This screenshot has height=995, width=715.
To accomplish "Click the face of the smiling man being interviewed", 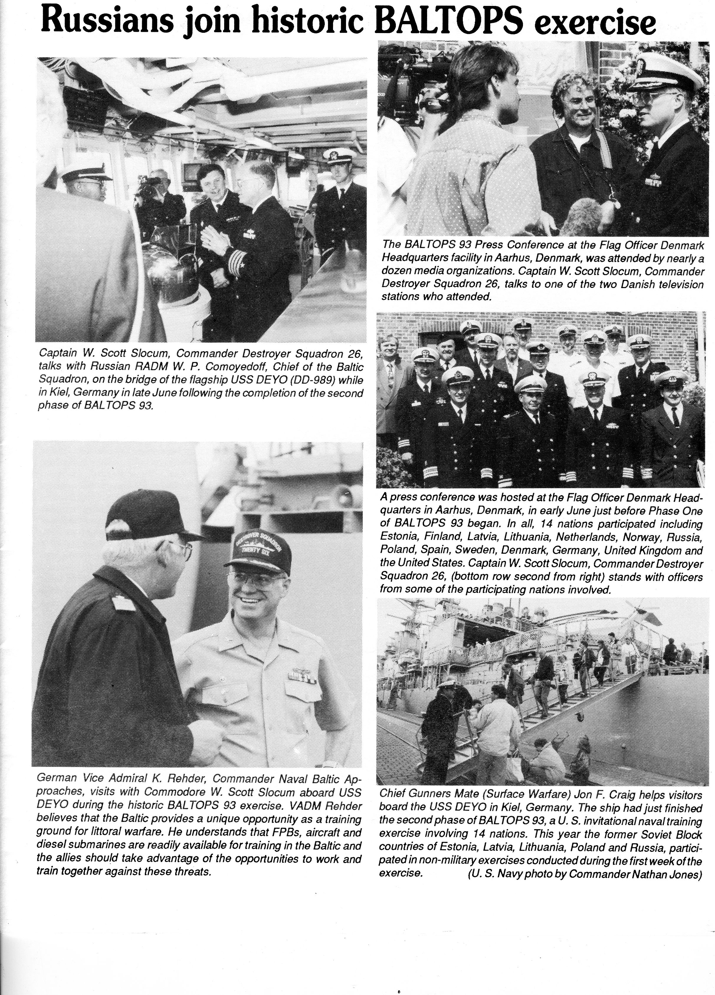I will [x=575, y=107].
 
